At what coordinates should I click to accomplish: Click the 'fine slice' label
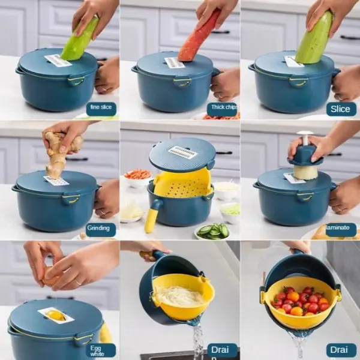point(101,109)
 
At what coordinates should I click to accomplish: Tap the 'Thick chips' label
point(222,109)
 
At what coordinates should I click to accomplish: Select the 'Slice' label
point(341,109)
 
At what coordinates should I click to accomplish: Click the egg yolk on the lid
point(55,315)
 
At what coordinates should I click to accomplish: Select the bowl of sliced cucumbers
point(213,231)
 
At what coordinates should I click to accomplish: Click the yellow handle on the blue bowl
point(152,217)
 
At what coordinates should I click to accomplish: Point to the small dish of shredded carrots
point(138,175)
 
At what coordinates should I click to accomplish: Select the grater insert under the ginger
point(57,180)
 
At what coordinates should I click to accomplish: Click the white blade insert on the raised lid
point(183,152)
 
